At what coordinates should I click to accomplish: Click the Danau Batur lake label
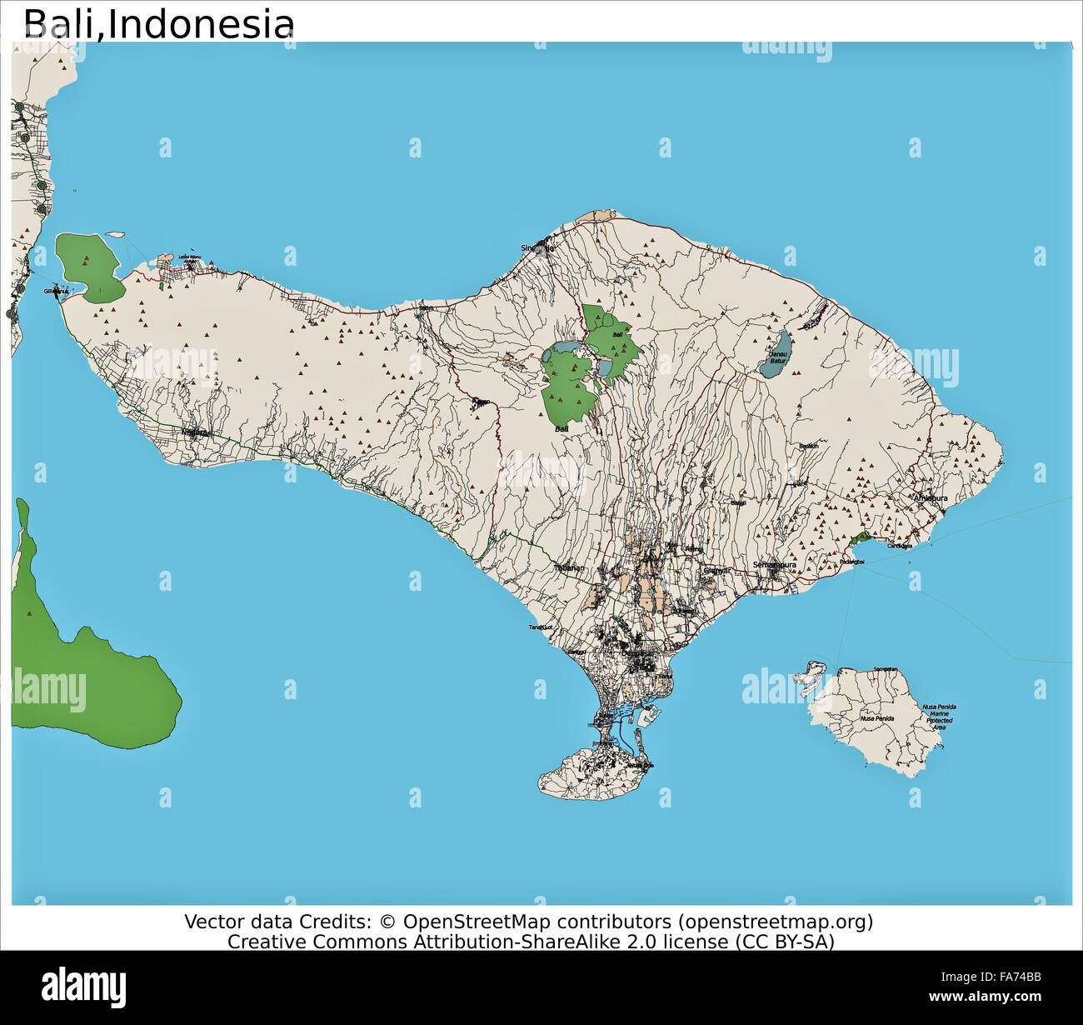pos(777,357)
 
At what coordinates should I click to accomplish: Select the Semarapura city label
pos(776,564)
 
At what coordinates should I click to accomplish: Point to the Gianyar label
pos(716,571)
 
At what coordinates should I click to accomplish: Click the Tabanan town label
pos(570,568)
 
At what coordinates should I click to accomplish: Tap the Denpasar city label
pos(639,654)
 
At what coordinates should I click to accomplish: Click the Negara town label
pos(196,432)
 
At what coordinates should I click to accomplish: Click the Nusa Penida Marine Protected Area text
pos(939,717)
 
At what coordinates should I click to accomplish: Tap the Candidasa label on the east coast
pos(899,546)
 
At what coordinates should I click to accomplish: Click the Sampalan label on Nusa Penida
pos(886,669)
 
